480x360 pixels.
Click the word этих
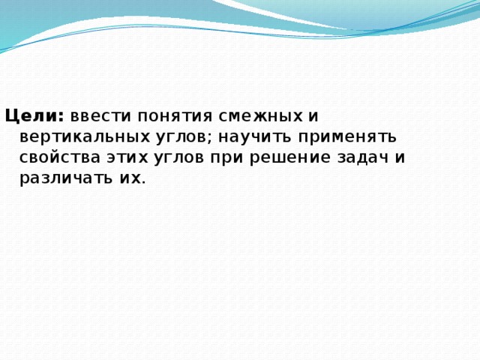pyautogui.click(x=124, y=157)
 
